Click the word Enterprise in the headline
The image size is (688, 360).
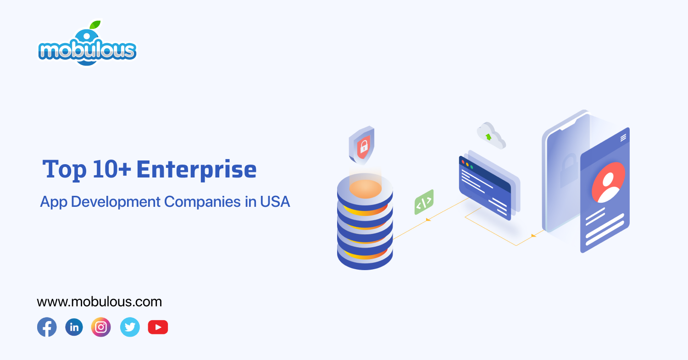click(x=196, y=169)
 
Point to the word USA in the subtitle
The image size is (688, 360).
click(x=275, y=201)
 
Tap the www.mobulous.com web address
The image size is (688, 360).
click(x=99, y=302)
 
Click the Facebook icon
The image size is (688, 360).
click(x=47, y=327)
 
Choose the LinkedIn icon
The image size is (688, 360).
click(x=74, y=327)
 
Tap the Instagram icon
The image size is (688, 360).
click(x=101, y=327)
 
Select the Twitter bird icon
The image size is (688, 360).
click(x=130, y=327)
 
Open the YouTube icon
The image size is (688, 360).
click(x=158, y=327)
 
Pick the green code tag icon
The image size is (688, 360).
click(x=424, y=202)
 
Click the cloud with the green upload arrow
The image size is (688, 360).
click(x=490, y=135)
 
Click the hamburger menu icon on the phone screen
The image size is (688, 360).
click(x=623, y=138)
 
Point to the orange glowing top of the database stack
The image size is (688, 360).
click(x=365, y=188)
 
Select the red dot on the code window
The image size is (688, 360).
click(x=463, y=162)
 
